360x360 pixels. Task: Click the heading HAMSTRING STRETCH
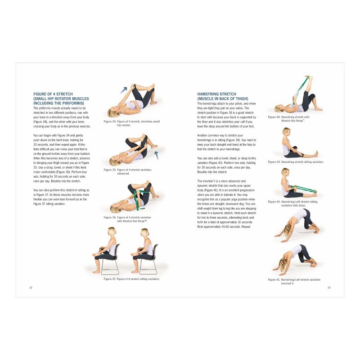point(216,94)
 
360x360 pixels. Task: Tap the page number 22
point(31,288)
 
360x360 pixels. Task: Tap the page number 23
point(329,288)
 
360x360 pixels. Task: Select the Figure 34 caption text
point(132,123)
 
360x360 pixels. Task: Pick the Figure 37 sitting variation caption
point(131,279)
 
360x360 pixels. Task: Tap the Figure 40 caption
point(292,203)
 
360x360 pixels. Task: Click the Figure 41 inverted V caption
point(294,281)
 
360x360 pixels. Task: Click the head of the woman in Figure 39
point(285,133)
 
